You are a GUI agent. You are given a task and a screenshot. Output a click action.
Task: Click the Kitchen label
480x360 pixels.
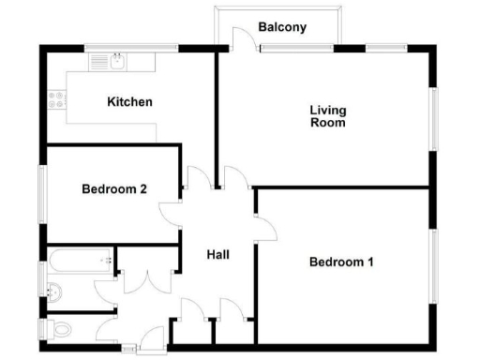129,101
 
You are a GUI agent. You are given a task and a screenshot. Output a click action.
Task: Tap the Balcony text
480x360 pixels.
283,27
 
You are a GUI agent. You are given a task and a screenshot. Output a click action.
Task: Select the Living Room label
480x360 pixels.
328,115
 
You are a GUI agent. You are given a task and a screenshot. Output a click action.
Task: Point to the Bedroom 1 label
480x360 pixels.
341,262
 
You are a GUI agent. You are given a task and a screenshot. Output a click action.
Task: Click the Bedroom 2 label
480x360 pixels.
113,189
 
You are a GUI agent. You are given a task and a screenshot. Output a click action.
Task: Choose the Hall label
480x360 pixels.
217,254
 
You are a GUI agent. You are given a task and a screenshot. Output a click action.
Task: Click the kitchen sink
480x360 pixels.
115,63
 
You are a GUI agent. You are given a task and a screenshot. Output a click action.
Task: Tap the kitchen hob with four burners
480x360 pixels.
53,99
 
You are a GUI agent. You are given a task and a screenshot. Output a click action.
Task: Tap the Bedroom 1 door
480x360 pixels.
262,226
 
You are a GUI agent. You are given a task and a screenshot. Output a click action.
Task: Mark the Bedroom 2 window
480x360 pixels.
40,194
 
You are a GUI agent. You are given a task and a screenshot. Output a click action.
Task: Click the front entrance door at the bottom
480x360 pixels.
148,340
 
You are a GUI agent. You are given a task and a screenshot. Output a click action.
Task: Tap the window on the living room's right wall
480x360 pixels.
434,118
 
